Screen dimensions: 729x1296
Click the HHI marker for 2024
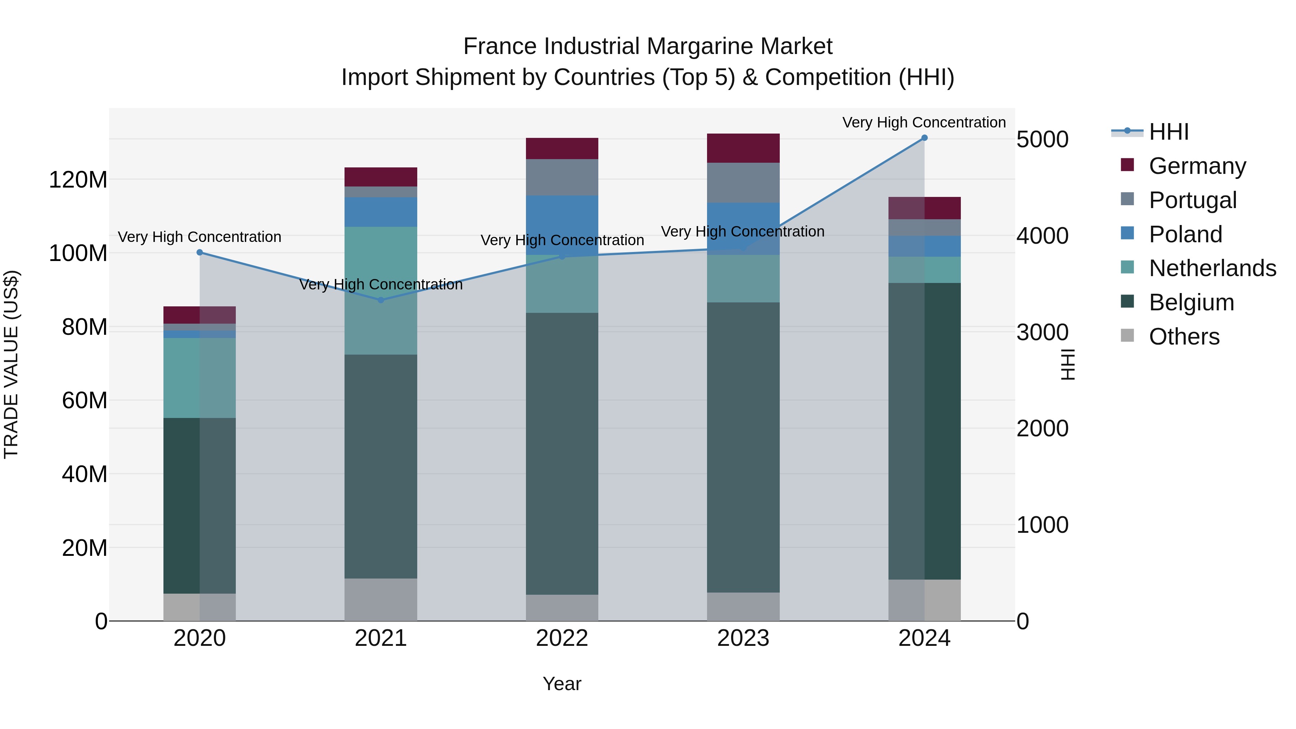click(924, 138)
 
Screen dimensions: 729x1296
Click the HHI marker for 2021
click(381, 300)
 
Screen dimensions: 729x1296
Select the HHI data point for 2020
click(200, 253)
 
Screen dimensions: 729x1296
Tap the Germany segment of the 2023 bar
click(743, 148)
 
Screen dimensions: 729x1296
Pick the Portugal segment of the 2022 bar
click(562, 177)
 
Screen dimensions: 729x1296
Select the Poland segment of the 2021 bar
click(381, 212)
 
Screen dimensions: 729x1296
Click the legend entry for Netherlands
click(1212, 268)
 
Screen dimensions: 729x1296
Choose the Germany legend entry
click(1197, 166)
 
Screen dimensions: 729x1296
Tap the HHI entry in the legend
click(1169, 132)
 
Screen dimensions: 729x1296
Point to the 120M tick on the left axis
click(78, 180)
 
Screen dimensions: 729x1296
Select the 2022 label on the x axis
click(562, 638)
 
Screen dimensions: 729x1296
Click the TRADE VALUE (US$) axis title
click(11, 364)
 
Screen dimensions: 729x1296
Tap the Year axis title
click(562, 684)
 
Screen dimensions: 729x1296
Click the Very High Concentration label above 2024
click(924, 122)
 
